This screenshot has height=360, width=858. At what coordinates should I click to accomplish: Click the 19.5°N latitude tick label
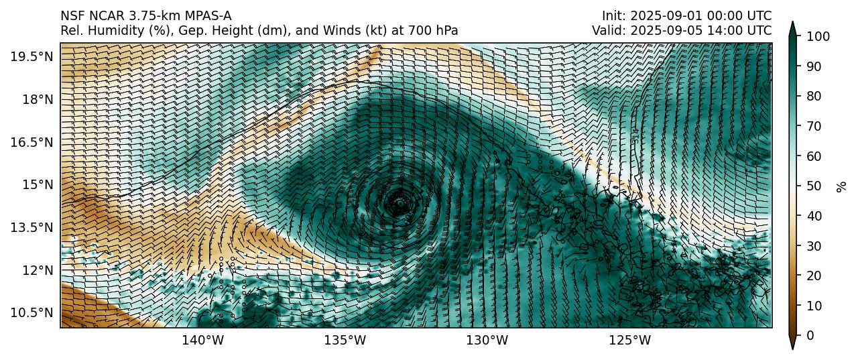[x=32, y=56]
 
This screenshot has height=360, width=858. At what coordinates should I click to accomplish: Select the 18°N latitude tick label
[x=36, y=99]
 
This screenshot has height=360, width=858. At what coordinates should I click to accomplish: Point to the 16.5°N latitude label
[x=32, y=142]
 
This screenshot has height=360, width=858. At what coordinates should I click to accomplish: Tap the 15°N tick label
[x=36, y=184]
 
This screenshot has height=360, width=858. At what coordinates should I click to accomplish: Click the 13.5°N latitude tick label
[x=32, y=227]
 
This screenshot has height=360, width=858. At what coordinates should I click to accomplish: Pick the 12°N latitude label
[x=36, y=270]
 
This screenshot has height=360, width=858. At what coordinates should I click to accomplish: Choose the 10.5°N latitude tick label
[x=32, y=312]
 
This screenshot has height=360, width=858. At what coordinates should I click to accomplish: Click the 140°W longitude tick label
[x=203, y=341]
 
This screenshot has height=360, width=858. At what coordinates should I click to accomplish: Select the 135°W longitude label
[x=345, y=341]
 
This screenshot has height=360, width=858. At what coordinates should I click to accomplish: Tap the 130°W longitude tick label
[x=487, y=341]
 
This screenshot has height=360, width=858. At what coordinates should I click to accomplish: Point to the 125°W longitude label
[x=629, y=341]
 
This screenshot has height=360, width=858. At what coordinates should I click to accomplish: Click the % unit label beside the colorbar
[x=841, y=186]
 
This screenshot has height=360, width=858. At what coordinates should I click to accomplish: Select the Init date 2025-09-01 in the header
[x=660, y=15]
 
